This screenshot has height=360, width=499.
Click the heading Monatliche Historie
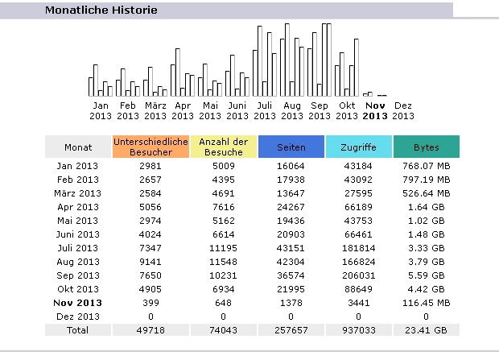(101, 10)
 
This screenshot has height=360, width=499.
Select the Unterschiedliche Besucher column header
(151, 147)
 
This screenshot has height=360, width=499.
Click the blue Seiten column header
(291, 147)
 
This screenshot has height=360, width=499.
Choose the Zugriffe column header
(358, 147)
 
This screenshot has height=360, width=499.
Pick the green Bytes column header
(426, 147)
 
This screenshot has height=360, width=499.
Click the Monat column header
(78, 147)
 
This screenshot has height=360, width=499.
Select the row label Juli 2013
(78, 248)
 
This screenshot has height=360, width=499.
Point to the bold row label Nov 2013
(78, 302)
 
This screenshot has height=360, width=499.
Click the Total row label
(78, 330)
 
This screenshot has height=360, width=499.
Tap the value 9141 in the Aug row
(151, 262)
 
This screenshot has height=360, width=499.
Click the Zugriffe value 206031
(358, 275)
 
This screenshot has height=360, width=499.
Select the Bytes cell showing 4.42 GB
(426, 288)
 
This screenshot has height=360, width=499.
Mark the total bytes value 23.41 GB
(426, 330)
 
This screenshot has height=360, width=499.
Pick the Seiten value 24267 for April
(291, 207)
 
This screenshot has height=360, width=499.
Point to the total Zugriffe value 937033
(358, 330)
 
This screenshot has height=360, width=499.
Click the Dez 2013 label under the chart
(403, 110)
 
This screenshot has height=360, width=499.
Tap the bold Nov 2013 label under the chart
(375, 110)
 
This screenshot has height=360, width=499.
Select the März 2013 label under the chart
(155, 110)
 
